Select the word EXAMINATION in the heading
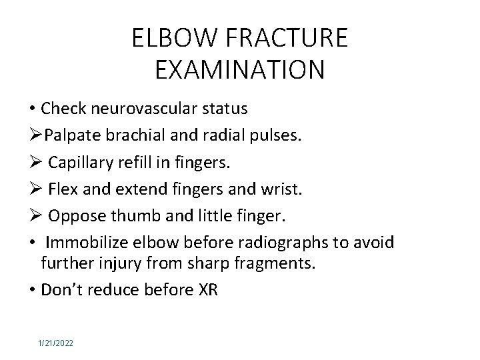[239, 70]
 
